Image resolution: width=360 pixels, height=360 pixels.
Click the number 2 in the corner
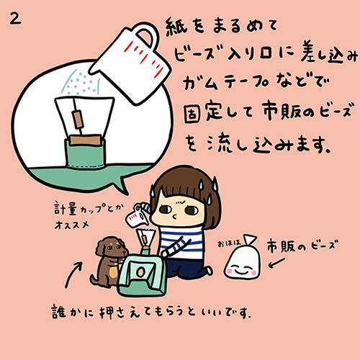tap(15, 19)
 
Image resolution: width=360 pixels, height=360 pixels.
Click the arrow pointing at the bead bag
tap(276, 263)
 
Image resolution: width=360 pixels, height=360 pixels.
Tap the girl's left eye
tap(192, 210)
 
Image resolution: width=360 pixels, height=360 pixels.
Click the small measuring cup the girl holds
tap(136, 215)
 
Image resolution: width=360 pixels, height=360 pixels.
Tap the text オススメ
tap(71, 225)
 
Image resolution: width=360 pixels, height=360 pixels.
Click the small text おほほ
tap(229, 243)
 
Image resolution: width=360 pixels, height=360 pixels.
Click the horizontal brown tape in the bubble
tap(86, 140)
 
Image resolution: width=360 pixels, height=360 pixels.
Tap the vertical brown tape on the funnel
tap(78, 120)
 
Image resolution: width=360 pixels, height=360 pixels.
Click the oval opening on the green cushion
tap(140, 271)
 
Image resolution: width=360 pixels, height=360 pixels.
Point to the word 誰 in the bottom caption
tap(58, 312)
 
